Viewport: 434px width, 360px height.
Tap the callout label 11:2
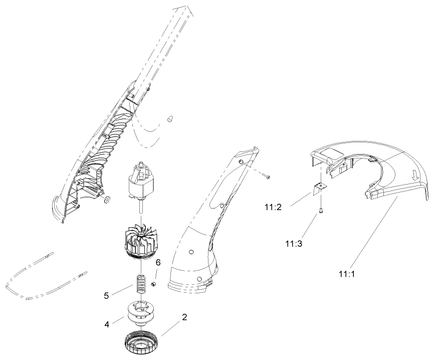tap(274, 206)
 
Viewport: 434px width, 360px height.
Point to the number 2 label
tap(184, 317)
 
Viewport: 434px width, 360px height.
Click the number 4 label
tap(107, 324)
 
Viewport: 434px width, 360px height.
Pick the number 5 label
tap(106, 295)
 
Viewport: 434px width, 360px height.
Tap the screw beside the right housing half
tap(268, 176)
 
